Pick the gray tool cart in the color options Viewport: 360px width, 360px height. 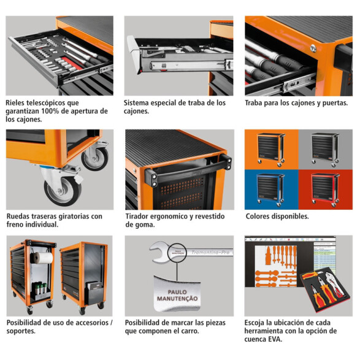325,150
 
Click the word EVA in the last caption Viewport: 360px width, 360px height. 274,339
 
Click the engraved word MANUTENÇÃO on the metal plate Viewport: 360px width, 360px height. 177,299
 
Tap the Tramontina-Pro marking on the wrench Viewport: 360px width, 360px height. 210,252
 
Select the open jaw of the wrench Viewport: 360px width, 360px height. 159,252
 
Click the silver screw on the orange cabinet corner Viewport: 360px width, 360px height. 313,48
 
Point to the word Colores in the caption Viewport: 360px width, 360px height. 258,216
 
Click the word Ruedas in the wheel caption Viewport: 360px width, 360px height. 18,216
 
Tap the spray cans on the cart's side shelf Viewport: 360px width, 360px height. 40,288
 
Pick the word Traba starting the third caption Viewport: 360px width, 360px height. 253,103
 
